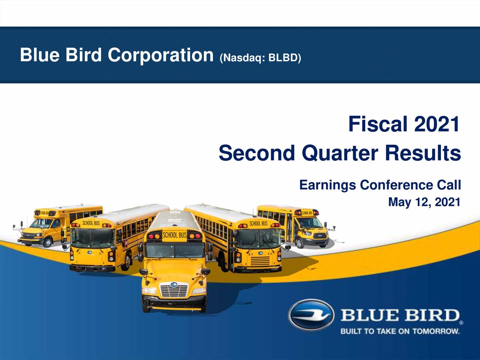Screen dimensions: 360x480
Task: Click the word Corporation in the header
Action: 160,55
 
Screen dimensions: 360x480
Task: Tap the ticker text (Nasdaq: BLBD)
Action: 260,58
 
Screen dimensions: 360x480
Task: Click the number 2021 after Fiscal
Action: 437,124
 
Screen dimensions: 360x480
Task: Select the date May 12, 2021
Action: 424,202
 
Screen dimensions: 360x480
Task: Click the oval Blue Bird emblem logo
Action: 311,315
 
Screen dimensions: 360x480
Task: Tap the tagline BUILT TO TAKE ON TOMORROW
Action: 400,331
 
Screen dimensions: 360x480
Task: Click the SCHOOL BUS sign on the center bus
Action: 174,235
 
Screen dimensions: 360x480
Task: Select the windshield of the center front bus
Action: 174,250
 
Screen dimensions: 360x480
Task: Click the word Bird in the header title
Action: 83,55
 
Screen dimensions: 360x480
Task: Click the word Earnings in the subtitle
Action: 327,185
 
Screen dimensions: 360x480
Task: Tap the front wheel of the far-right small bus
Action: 300,243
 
